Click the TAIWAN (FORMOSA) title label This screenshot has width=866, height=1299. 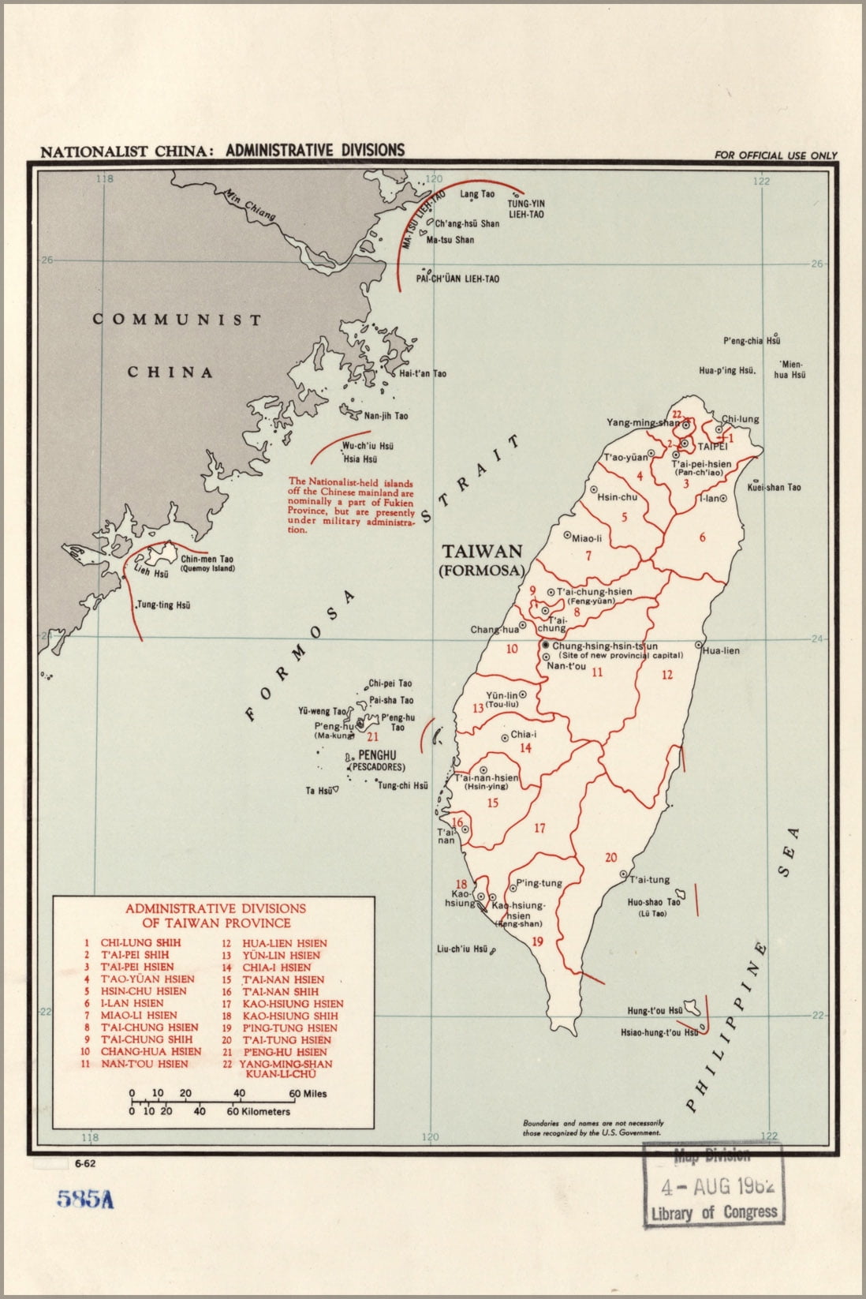(481, 560)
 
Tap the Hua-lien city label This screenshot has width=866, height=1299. (720, 651)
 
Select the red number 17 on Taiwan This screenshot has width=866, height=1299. (539, 828)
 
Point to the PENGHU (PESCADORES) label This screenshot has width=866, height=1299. (376, 761)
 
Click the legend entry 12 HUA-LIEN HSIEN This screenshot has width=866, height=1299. (274, 943)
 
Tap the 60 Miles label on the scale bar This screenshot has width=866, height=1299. (308, 1094)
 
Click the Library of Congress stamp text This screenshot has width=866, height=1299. (714, 1212)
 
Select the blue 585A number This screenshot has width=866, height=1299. (84, 1199)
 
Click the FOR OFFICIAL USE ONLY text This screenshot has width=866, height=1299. (775, 155)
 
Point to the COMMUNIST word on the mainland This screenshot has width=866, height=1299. (177, 320)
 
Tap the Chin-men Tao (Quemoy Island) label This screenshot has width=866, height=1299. (207, 563)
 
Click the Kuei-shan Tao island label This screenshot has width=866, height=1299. (775, 487)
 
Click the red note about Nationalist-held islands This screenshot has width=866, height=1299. (351, 505)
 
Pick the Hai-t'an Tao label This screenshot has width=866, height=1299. (422, 373)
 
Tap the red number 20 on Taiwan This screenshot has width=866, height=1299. (610, 858)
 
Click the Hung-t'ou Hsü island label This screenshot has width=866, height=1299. (655, 1010)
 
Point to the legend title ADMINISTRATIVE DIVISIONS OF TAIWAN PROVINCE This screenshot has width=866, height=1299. (215, 915)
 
